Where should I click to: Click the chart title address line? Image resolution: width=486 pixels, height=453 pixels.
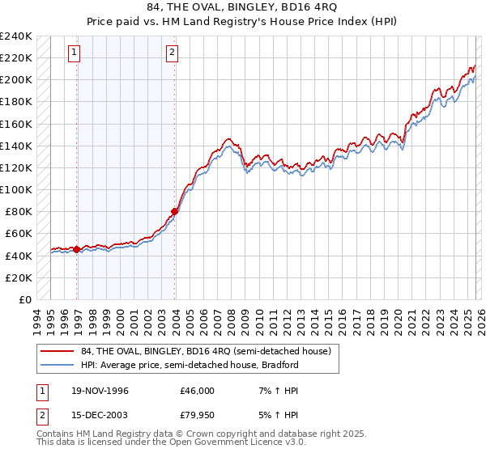point(242,7)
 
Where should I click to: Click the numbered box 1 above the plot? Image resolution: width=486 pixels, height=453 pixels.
point(74,53)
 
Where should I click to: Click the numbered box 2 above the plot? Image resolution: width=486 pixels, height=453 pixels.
point(173,53)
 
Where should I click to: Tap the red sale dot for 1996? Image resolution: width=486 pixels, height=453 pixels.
point(77,249)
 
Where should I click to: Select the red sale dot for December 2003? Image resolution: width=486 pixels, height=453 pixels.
point(175,212)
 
